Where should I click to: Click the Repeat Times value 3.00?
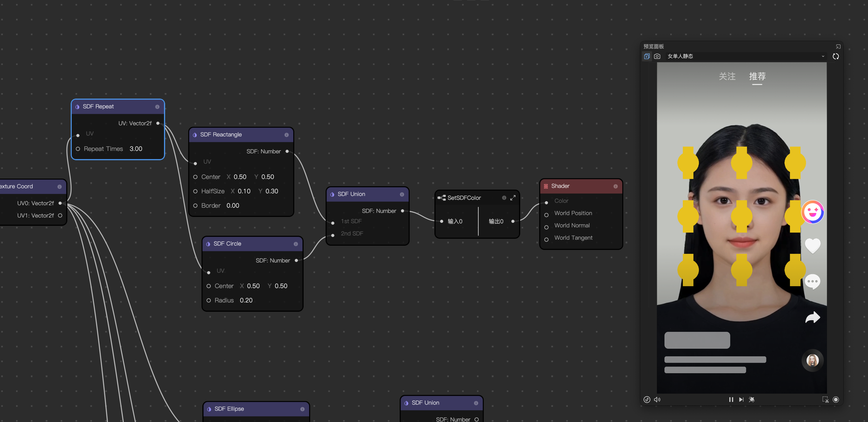(136, 149)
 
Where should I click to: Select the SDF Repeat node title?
(98, 106)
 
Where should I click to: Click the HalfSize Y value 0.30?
(272, 191)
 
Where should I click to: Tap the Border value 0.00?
(232, 205)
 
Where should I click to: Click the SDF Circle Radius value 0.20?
(246, 301)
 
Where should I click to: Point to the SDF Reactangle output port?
(287, 152)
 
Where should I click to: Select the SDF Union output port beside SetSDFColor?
(402, 211)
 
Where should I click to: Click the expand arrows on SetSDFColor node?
(513, 198)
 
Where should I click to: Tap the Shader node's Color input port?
(546, 202)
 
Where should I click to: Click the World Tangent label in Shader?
(573, 238)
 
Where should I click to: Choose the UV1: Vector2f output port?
(60, 215)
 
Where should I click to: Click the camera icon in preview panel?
(657, 56)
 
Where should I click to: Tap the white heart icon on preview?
(812, 245)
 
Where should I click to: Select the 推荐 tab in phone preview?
(757, 76)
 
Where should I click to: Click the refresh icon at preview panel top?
(836, 56)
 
